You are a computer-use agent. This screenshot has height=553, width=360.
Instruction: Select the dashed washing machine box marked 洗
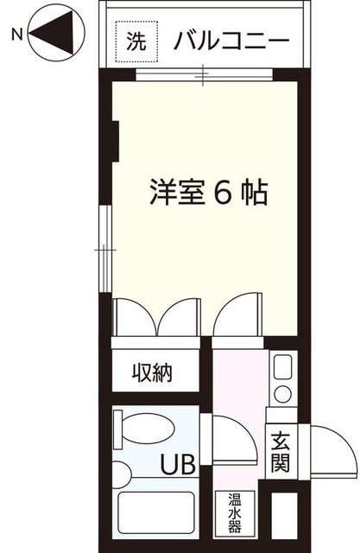(137, 40)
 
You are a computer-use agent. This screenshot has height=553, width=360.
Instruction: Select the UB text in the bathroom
(173, 467)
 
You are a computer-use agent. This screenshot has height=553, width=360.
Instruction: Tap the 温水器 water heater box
(234, 513)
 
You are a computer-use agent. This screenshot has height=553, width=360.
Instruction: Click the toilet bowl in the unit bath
(147, 429)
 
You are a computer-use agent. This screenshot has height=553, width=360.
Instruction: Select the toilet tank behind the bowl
(119, 429)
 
